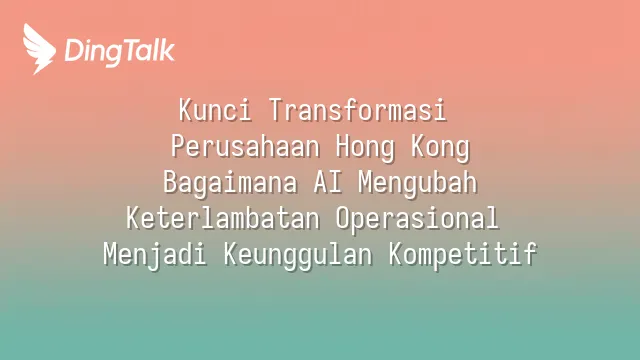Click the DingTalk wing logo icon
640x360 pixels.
(x=39, y=49)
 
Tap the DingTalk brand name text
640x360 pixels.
(x=120, y=51)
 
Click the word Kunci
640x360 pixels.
(x=215, y=110)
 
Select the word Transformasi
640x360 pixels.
(x=358, y=110)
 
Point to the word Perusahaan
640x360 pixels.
(x=245, y=146)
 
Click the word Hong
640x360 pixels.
(x=365, y=148)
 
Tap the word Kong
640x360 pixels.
(x=440, y=148)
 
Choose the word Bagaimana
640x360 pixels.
(x=230, y=184)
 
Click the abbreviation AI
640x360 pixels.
(x=328, y=182)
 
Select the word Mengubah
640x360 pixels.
(x=418, y=184)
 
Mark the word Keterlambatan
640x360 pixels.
(x=223, y=218)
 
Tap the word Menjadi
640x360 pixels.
(x=155, y=255)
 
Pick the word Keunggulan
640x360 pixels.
(x=298, y=255)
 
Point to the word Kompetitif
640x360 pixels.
(x=463, y=255)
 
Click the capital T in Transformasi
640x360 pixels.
(x=276, y=110)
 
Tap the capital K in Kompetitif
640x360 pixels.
(x=396, y=254)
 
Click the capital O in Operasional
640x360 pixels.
(x=343, y=218)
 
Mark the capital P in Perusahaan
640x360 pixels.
(x=178, y=146)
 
